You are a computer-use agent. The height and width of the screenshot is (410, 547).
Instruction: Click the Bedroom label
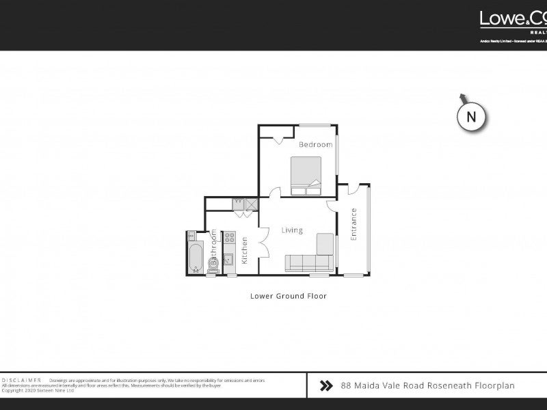pyautogui.click(x=316, y=145)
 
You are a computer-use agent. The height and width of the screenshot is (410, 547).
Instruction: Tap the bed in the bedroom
pyautogui.click(x=306, y=175)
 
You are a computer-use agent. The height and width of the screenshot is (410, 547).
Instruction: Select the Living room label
pyautogui.click(x=292, y=230)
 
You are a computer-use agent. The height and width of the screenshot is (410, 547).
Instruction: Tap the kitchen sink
pyautogui.click(x=229, y=259)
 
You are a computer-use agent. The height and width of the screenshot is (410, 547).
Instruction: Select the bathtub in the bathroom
pyautogui.click(x=194, y=253)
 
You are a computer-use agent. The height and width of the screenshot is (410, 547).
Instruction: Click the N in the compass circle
pyautogui.click(x=471, y=117)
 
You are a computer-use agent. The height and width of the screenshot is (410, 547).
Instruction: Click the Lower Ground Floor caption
pyautogui.click(x=288, y=297)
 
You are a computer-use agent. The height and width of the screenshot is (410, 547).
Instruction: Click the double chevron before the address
pyautogui.click(x=326, y=386)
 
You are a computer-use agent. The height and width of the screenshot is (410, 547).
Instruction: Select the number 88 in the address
pyautogui.click(x=346, y=386)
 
